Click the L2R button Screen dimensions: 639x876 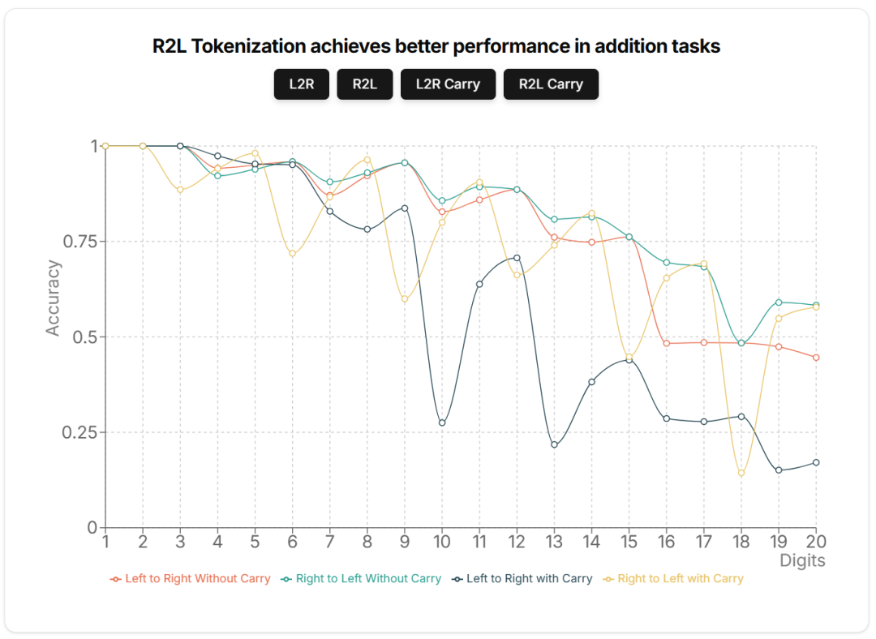tap(301, 84)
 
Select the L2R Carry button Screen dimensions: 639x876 tap(448, 84)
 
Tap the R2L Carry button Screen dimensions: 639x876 tap(551, 84)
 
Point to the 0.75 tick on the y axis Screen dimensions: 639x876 tap(79, 242)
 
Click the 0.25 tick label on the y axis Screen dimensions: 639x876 tap(79, 432)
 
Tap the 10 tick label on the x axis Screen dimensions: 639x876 tap(442, 541)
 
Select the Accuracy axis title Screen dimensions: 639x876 tap(54, 298)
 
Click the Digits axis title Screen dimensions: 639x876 tap(802, 560)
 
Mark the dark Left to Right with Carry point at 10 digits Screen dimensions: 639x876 tap(442, 422)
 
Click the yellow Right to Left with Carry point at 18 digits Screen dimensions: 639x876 tap(741, 473)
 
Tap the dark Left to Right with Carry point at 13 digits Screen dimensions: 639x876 tap(554, 444)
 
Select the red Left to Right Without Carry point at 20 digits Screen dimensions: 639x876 tap(816, 358)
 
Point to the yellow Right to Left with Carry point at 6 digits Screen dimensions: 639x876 tap(292, 254)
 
